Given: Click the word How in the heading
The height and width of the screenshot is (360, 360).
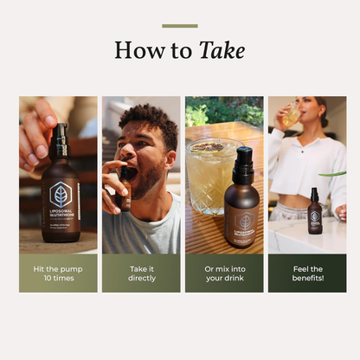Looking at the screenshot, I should tap(140, 50).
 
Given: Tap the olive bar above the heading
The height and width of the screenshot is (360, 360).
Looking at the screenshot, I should tap(180, 26).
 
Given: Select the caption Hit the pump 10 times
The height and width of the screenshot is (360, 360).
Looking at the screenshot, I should tap(58, 273).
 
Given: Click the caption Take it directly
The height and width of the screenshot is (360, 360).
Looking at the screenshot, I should tap(141, 273).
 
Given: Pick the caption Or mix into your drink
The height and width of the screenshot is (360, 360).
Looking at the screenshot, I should tap(224, 273).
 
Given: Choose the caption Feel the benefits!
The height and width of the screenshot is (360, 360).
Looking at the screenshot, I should tap(306, 273).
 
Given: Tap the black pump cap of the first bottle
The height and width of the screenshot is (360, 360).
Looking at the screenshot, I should tap(61, 136).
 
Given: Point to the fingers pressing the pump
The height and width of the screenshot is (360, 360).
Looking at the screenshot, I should tap(39, 130).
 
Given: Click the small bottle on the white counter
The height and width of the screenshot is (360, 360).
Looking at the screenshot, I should tap(315, 212).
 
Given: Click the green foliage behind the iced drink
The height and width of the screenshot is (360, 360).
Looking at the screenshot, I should tap(208, 112).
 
